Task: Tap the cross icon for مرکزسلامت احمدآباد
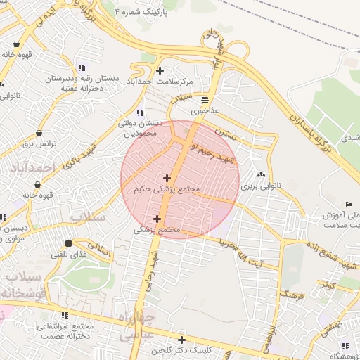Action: (x=160, y=70)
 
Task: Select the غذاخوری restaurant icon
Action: (x=205, y=100)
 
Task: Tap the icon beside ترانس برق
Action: (x=38, y=132)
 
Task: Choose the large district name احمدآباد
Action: (x=33, y=167)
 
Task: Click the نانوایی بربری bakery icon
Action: (x=262, y=175)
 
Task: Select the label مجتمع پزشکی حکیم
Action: (x=166, y=189)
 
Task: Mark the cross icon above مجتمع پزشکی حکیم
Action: (x=166, y=178)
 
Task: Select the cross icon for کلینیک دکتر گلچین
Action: (x=181, y=340)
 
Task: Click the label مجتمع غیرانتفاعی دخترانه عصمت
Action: (x=63, y=332)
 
